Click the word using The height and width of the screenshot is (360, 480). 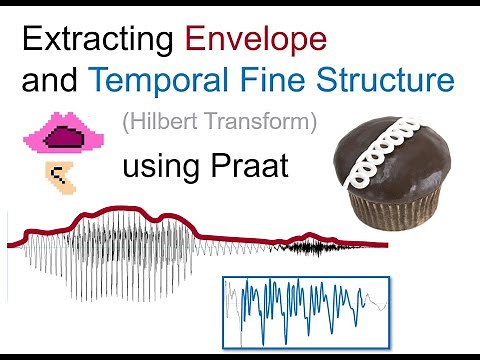pos(161,167)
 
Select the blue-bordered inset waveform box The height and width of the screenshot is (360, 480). pos(306,310)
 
